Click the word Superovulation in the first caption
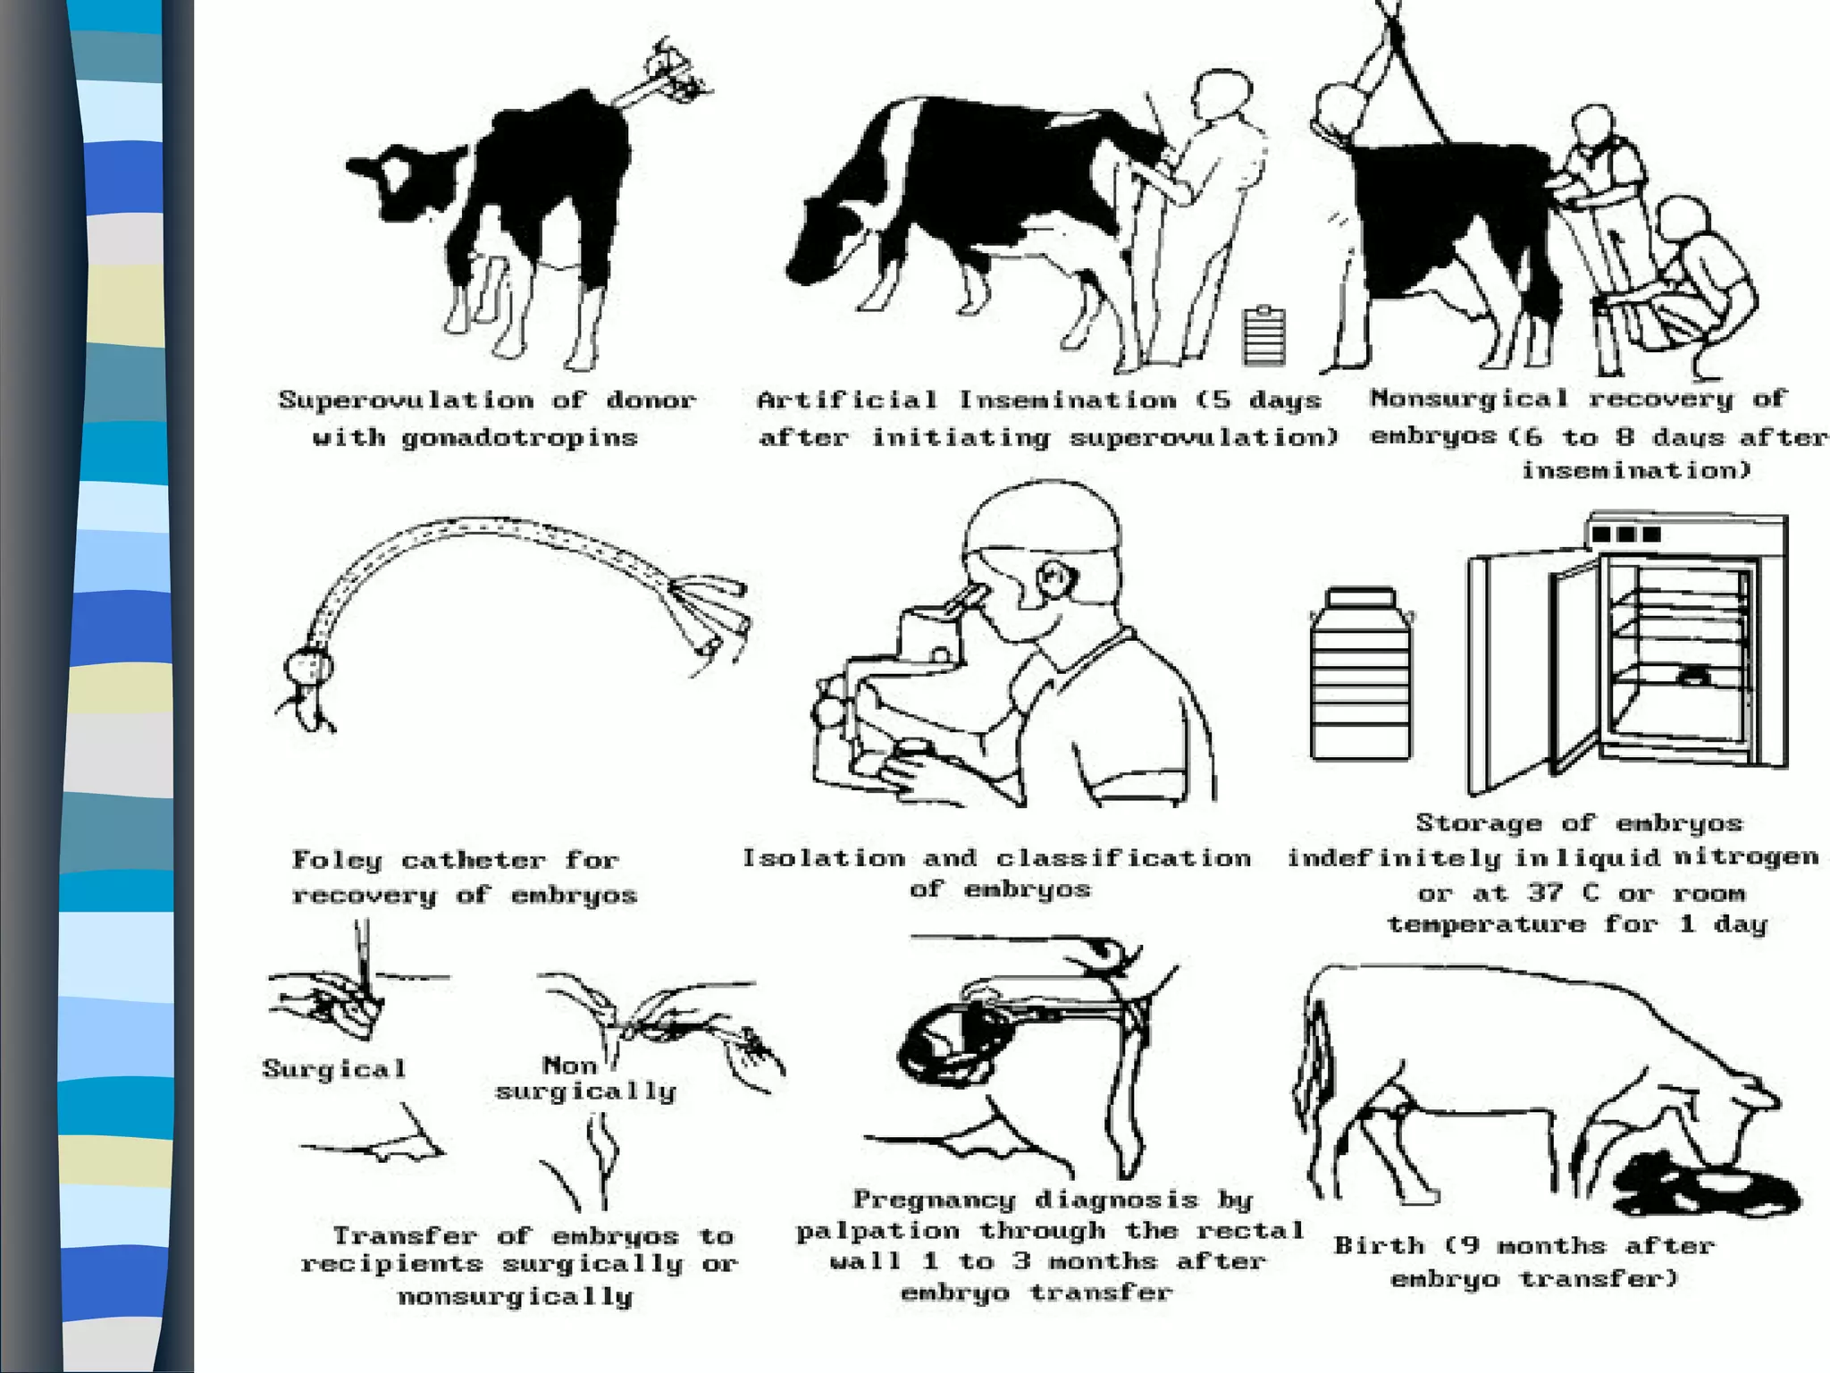click(x=406, y=400)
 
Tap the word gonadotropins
click(x=518, y=438)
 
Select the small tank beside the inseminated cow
click(x=1264, y=335)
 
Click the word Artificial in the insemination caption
click(x=846, y=400)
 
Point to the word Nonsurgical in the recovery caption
click(x=1469, y=398)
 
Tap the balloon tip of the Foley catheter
click(x=308, y=667)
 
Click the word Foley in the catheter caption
click(x=336, y=860)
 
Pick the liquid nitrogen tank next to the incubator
click(x=1359, y=675)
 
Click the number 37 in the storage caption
click(x=1548, y=892)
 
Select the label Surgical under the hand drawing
click(x=334, y=1069)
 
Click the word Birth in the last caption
click(x=1378, y=1245)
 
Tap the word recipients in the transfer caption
click(x=390, y=1264)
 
